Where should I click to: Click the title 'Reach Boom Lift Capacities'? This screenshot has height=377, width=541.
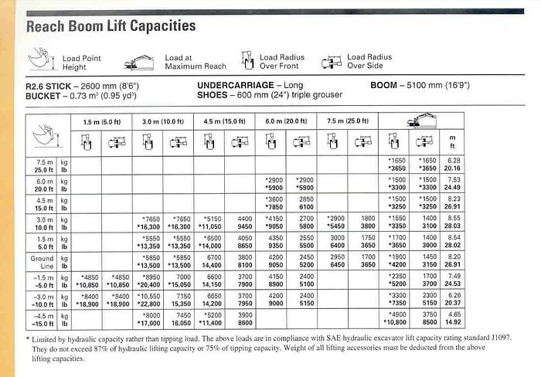point(111,26)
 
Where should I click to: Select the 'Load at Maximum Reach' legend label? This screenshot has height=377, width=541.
point(195,63)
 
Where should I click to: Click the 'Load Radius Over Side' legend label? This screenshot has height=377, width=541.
point(369,62)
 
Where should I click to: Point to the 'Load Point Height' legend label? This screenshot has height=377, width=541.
point(81,63)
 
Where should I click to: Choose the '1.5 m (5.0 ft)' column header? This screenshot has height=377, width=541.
point(101,121)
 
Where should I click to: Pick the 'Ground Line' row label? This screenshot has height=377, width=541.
point(43,263)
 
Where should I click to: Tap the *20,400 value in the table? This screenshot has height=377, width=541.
point(148,284)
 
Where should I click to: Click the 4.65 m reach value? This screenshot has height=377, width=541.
point(453,315)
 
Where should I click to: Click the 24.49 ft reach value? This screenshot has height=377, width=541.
point(452,188)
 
